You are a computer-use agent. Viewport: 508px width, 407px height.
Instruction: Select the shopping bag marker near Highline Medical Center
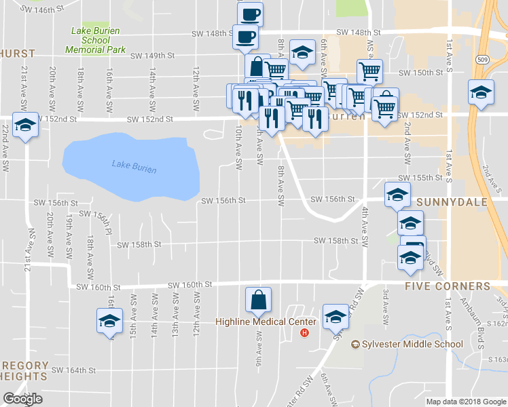click(x=259, y=299)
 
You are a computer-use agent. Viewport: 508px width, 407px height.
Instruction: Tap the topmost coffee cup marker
click(x=251, y=14)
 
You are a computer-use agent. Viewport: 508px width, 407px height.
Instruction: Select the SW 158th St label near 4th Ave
click(x=335, y=241)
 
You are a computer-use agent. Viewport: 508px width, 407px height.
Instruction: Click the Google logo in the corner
click(x=22, y=399)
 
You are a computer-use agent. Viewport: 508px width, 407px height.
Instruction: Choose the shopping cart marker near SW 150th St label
click(x=369, y=70)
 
